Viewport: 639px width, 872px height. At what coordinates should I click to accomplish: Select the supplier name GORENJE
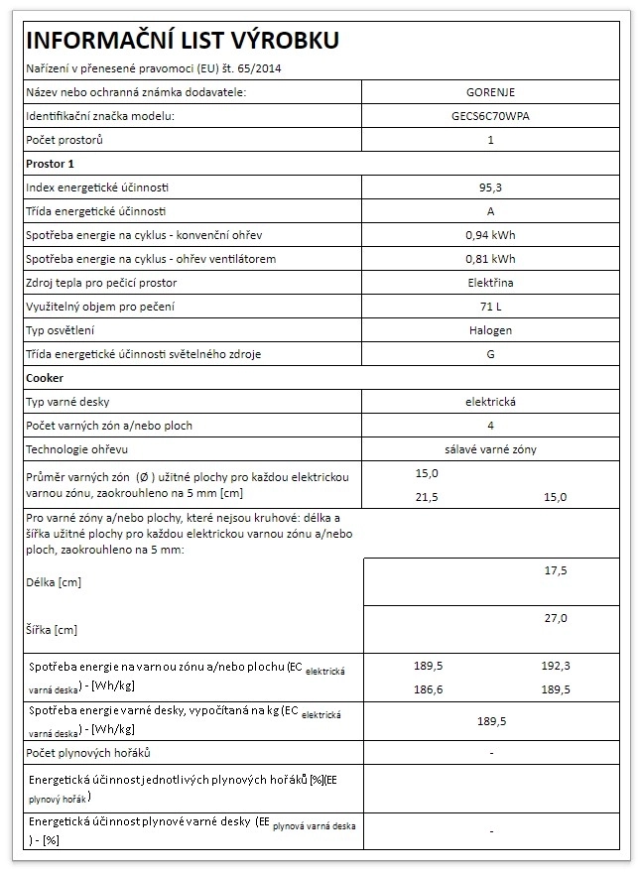point(490,92)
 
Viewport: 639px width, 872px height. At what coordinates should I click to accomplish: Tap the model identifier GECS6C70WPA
point(490,116)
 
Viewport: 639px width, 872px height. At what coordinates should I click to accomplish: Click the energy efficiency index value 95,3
point(490,187)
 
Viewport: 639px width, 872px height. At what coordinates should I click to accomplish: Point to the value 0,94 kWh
point(490,235)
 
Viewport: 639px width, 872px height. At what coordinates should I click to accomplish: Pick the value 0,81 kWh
point(490,259)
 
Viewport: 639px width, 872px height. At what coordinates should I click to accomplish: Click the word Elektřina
point(490,283)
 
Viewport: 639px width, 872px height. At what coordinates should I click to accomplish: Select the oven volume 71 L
point(490,307)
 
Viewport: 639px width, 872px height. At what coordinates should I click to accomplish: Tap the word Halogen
point(490,330)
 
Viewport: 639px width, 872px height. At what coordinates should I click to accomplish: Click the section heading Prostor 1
point(50,163)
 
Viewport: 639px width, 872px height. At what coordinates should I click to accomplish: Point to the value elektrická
point(490,402)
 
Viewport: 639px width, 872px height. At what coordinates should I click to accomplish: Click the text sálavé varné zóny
point(490,449)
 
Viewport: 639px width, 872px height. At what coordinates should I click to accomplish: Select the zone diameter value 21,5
point(426,496)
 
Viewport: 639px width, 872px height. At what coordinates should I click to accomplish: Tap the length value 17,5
point(556,571)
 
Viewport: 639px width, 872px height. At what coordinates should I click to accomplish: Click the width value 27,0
point(556,618)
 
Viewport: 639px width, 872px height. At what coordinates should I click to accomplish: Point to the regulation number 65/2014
point(268,68)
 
